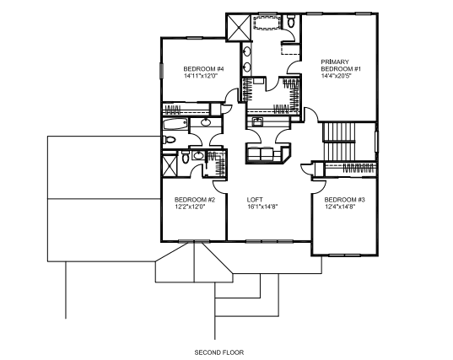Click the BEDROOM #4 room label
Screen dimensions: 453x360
pos(203,69)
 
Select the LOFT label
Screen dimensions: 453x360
pos(255,200)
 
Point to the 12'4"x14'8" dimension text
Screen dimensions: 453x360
pos(340,207)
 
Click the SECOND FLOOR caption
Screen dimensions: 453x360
pos(219,352)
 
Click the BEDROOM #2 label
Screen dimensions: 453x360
pos(195,200)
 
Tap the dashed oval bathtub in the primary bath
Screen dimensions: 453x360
pos(267,22)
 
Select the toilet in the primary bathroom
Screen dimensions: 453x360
pos(291,22)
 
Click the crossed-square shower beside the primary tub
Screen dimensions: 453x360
pos(239,28)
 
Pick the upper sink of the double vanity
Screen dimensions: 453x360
pos(247,52)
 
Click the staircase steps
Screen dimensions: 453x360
pos(338,142)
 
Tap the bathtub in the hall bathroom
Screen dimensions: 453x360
pos(175,125)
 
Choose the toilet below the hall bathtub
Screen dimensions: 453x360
pos(169,140)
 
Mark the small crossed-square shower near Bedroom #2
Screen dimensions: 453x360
pos(170,166)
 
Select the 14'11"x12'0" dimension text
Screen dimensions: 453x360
pos(201,76)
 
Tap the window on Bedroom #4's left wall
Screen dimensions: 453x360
pos(161,71)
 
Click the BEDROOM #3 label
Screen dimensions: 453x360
pos(345,200)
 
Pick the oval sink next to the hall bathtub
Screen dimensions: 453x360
pos(206,122)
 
